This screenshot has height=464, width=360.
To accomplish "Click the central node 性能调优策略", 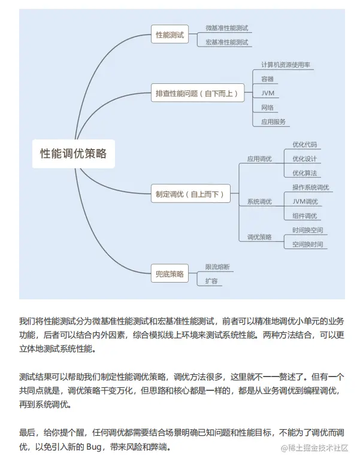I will pos(74,153).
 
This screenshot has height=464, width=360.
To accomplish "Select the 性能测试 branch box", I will pos(170,35).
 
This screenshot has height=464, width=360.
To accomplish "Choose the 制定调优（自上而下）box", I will pos(190,194).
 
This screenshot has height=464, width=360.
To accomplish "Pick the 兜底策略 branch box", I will pos(170,274).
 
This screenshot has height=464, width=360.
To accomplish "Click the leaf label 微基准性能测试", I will pos(226,28).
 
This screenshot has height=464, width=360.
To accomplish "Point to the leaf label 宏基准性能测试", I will pos(226,42).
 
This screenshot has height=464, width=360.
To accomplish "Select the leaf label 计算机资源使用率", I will pos(286,64).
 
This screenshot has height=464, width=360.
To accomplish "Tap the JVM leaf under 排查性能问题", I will pos(268,93).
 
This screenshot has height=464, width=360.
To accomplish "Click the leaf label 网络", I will pos(267,107).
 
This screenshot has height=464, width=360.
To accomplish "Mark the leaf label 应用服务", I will pos(273,122).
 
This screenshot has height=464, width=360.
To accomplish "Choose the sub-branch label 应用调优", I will pos(259,159).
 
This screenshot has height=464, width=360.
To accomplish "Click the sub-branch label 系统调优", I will pos(259,202).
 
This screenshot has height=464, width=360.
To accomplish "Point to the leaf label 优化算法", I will pos(304,173).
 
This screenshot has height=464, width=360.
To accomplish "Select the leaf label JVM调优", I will pos(305,201).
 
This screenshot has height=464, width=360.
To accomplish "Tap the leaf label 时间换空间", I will pos(308,230).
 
